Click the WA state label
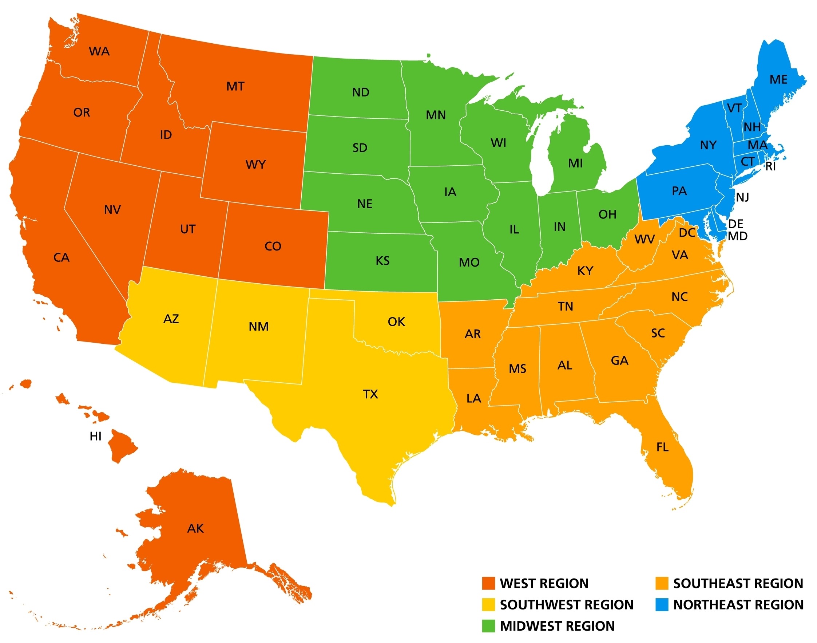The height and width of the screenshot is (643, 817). tap(99, 51)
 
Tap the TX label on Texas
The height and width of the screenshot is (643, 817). tap(370, 394)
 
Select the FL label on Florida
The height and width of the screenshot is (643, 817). tap(662, 447)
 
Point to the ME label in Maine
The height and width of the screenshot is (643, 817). tap(778, 79)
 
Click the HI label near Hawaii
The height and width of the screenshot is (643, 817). tap(96, 436)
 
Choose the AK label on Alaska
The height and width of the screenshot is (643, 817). tap(195, 529)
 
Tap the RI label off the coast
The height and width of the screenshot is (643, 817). tap(771, 166)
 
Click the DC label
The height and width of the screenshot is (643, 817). tap(687, 233)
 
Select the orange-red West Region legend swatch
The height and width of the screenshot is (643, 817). tap(488, 583)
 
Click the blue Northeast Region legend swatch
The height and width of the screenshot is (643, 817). tap(662, 605)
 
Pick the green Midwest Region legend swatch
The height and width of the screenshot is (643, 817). tap(488, 626)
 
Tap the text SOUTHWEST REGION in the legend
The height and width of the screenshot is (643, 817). tap(567, 605)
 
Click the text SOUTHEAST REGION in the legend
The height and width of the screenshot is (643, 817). tap(738, 583)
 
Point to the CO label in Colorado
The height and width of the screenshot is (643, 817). tap(273, 246)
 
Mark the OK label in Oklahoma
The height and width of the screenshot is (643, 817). tap(396, 321)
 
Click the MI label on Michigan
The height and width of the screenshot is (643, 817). tap(575, 163)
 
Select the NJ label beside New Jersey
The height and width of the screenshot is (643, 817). tap(742, 197)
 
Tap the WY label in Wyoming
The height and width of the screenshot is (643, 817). tap(255, 165)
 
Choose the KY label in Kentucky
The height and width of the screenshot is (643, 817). tap(585, 271)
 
